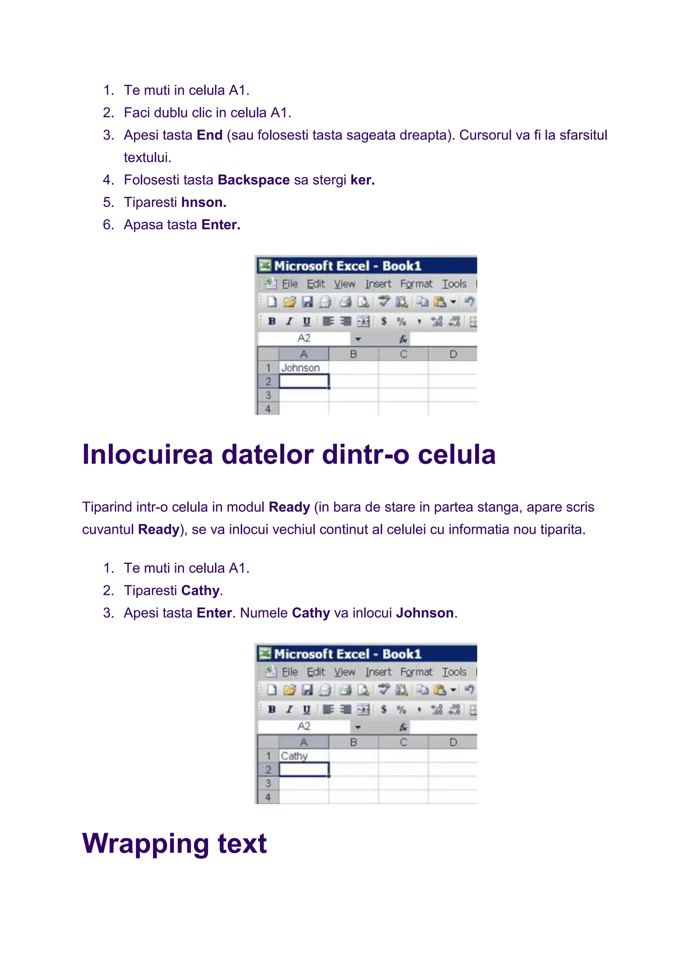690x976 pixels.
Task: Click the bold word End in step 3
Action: click(210, 135)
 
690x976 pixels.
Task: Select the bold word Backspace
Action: click(254, 180)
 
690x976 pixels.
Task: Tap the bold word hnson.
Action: click(204, 202)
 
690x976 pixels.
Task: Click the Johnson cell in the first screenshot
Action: click(303, 368)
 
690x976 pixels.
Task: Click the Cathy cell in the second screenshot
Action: click(303, 756)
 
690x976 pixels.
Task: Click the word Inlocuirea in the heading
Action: click(147, 454)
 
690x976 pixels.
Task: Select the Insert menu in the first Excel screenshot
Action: click(378, 284)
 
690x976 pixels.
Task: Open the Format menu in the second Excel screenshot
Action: click(416, 672)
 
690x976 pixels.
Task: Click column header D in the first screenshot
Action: click(453, 354)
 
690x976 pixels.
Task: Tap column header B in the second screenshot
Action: click(353, 742)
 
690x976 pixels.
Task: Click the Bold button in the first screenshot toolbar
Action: click(272, 322)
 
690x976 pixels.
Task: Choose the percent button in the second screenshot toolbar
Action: click(401, 709)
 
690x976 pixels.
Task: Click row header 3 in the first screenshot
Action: click(268, 395)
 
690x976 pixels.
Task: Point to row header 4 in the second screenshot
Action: click(268, 797)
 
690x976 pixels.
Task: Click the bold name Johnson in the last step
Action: click(425, 613)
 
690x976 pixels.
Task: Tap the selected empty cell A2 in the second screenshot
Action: click(303, 769)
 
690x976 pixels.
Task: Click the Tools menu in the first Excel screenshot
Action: click(454, 284)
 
